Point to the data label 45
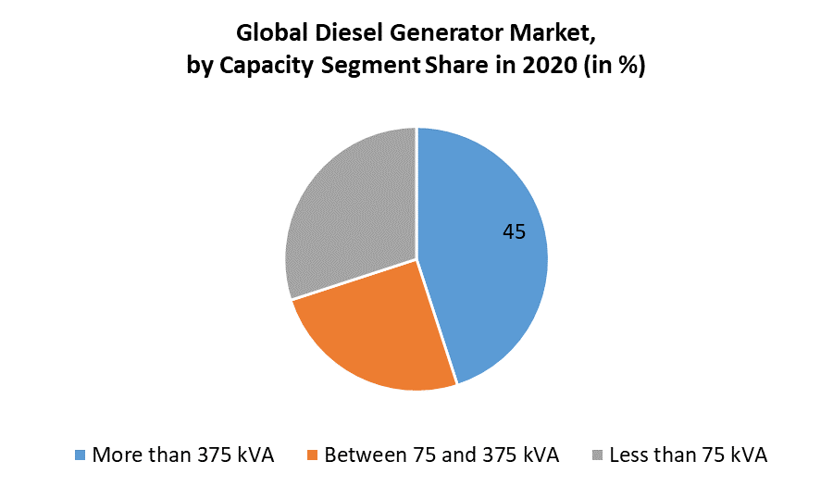coord(514,232)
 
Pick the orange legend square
coord(313,455)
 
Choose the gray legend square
coord(598,455)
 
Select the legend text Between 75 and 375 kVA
coord(441,455)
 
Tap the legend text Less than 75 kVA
coord(689,455)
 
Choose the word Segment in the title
coord(368,67)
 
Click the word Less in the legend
coord(629,455)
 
